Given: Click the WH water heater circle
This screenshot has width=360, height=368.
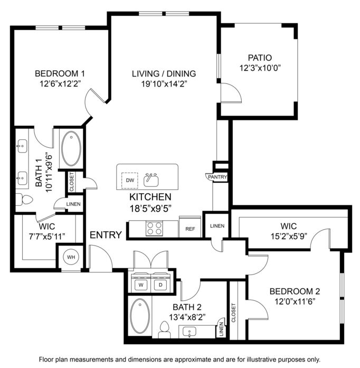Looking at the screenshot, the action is (x=71, y=257).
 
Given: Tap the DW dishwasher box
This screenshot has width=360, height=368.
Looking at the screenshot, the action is (x=129, y=180).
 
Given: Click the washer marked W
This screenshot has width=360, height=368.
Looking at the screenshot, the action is (x=141, y=285).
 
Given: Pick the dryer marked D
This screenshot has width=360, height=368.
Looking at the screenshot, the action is (x=160, y=285).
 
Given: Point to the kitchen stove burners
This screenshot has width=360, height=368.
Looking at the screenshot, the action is (x=155, y=229).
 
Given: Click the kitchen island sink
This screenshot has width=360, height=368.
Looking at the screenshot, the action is (x=151, y=180).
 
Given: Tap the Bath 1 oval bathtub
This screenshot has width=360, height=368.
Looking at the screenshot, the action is (x=71, y=148).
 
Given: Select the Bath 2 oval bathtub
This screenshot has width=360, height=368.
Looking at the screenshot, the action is (x=140, y=316).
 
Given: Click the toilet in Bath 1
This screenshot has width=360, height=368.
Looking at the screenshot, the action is (x=24, y=200).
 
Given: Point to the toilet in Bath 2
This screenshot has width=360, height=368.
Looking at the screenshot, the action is (x=164, y=330).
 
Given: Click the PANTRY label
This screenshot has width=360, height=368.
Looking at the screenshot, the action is (x=217, y=177).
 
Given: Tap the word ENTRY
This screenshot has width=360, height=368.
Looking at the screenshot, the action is (x=106, y=235).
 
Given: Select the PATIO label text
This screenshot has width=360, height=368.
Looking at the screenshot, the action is (x=260, y=58).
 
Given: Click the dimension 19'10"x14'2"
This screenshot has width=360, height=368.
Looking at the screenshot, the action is (x=164, y=84).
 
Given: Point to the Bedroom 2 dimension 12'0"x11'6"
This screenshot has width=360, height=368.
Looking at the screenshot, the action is (x=295, y=301).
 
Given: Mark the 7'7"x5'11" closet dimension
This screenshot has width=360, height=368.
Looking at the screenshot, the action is (x=46, y=237).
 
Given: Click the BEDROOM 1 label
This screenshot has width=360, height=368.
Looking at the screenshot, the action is (x=60, y=73).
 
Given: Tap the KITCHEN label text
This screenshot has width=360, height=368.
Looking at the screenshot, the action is (x=150, y=197).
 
